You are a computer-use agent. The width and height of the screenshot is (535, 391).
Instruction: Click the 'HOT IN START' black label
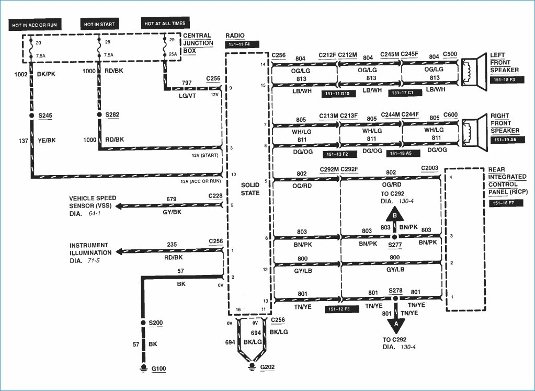100,24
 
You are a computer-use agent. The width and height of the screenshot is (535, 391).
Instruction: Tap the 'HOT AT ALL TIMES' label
165,23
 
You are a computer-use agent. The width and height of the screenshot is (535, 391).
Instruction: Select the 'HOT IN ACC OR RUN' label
35,25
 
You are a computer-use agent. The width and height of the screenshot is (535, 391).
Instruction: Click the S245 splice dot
32,116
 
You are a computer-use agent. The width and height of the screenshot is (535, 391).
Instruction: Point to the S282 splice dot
99,114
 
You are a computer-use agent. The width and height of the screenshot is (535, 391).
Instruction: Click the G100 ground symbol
144,369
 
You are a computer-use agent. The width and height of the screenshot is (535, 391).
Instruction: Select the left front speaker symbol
474,72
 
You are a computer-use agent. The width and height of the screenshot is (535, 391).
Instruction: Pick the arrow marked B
395,218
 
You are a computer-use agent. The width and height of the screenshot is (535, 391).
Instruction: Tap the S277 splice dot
395,237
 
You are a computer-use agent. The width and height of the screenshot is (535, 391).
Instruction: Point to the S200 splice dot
144,323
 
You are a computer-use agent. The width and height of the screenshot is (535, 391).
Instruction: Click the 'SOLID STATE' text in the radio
250,189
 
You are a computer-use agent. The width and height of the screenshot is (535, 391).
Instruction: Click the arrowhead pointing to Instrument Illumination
119,252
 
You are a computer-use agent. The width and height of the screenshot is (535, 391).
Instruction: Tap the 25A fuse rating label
173,54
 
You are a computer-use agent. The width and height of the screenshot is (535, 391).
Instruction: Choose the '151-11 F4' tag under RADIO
242,44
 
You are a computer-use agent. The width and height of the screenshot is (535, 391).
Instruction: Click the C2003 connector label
429,168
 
